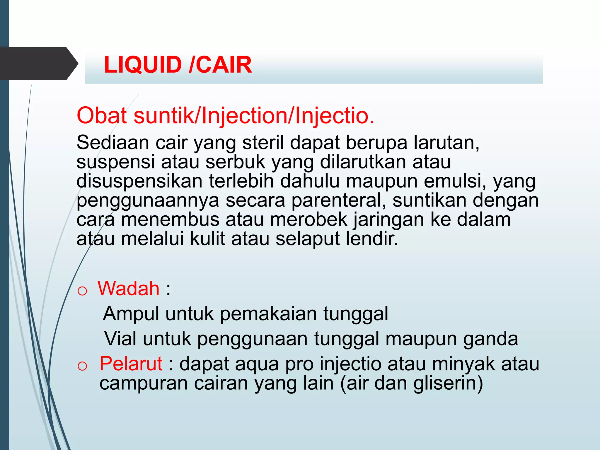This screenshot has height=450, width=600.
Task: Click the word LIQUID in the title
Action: (143, 65)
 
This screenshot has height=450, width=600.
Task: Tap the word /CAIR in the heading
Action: (221, 65)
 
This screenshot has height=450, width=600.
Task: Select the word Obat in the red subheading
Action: (102, 116)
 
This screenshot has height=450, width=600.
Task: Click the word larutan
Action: (446, 143)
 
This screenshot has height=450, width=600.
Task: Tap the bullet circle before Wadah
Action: (82, 291)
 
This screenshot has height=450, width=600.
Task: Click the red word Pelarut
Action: (131, 364)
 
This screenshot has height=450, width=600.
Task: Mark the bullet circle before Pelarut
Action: (82, 366)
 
